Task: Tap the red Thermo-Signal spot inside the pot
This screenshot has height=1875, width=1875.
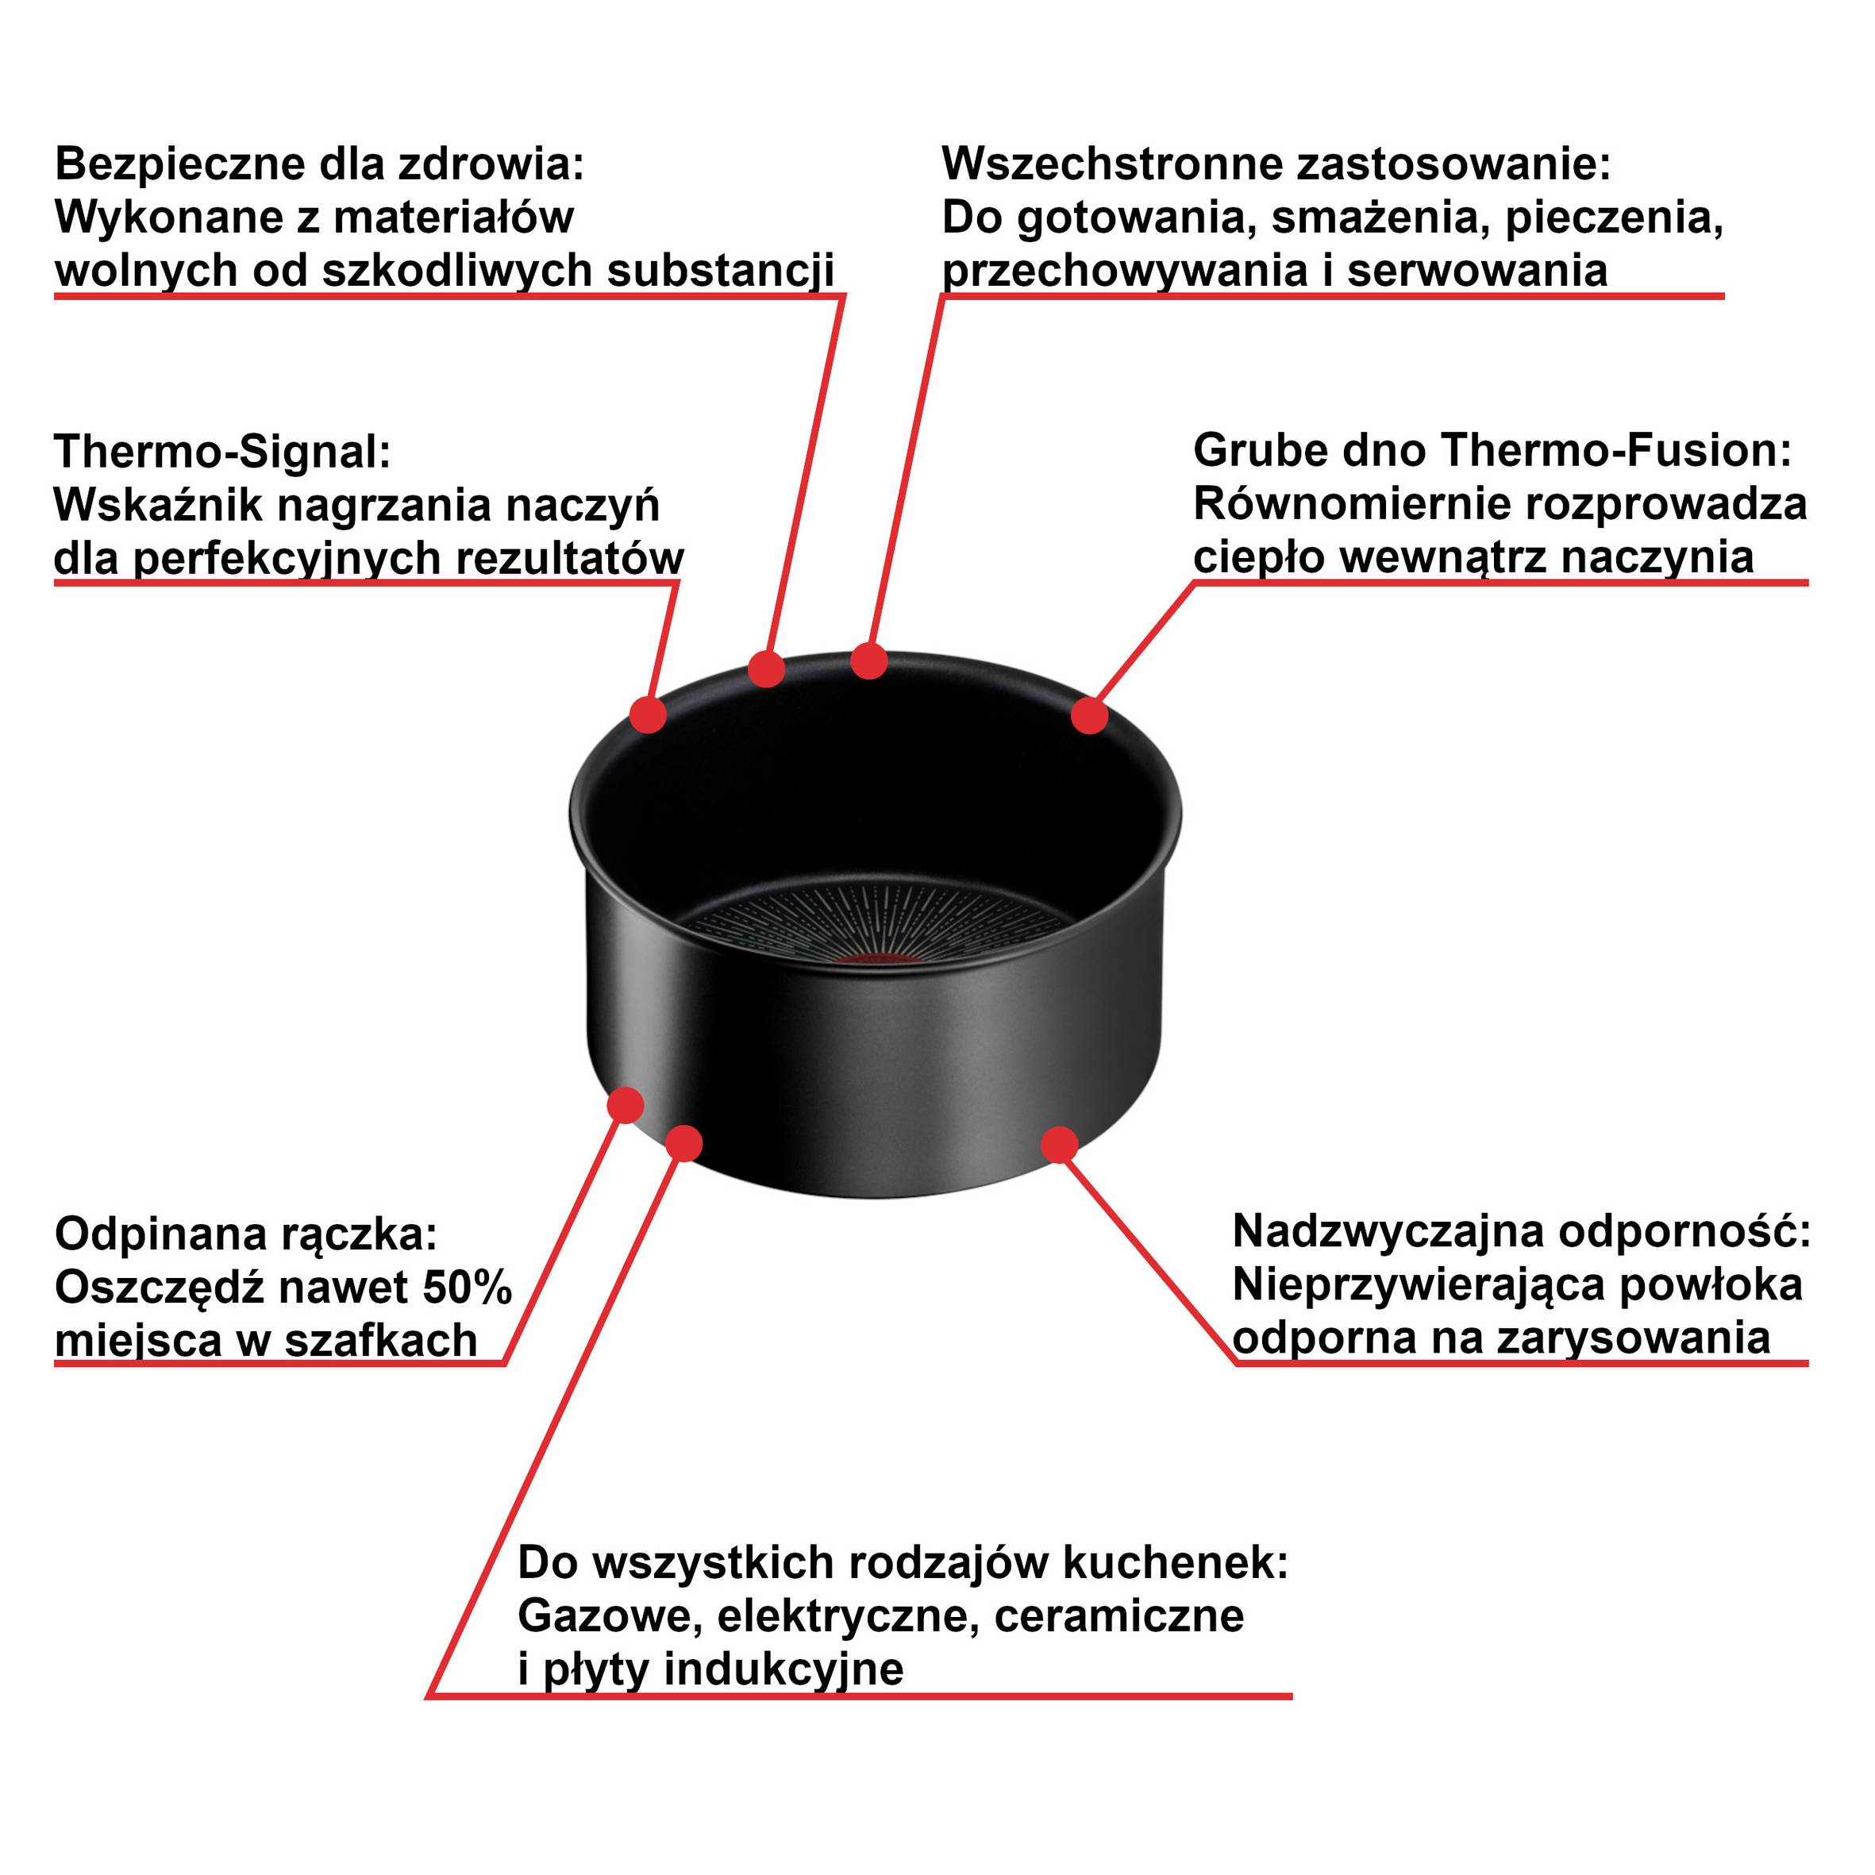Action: [875, 960]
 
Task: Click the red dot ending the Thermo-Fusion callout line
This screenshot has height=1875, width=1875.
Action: [1090, 715]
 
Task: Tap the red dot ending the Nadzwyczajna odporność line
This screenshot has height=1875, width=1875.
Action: [1060, 1145]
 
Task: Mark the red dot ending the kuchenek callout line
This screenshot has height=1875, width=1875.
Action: [684, 1143]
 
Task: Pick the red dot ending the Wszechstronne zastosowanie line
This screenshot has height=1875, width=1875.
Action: [869, 662]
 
